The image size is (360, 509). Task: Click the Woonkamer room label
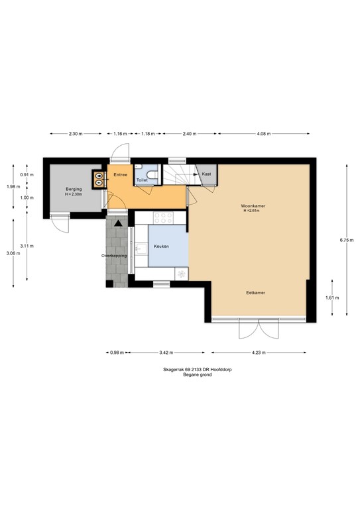coord(253,206)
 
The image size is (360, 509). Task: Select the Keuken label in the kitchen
coord(161,246)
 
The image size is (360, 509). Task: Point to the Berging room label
coord(73,189)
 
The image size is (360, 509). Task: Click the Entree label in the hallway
coord(120,175)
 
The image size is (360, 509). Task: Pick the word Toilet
coord(142,180)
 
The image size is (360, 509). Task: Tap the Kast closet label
coord(207,174)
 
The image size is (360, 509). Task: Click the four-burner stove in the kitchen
coord(162,217)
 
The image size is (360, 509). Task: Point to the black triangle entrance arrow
coord(118,223)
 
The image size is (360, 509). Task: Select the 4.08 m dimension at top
coord(263,134)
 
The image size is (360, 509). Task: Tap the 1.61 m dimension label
coord(333,298)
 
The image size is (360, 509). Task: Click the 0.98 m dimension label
coord(115,353)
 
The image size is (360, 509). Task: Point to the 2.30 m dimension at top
coord(75,134)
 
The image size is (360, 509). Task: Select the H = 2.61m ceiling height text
coord(253,211)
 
